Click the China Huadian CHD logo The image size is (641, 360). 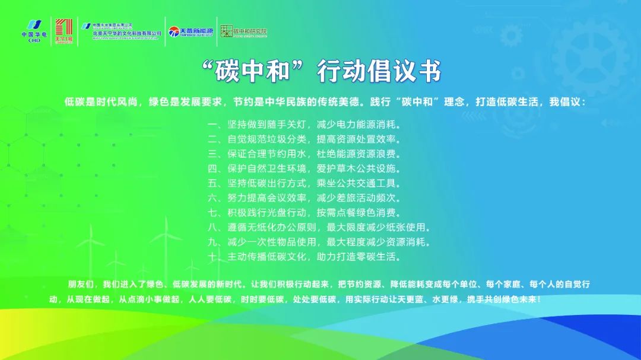[x=34, y=30]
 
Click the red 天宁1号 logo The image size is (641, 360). [x=63, y=30]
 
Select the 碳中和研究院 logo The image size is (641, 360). [x=243, y=31]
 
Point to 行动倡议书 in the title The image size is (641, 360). [x=380, y=72]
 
